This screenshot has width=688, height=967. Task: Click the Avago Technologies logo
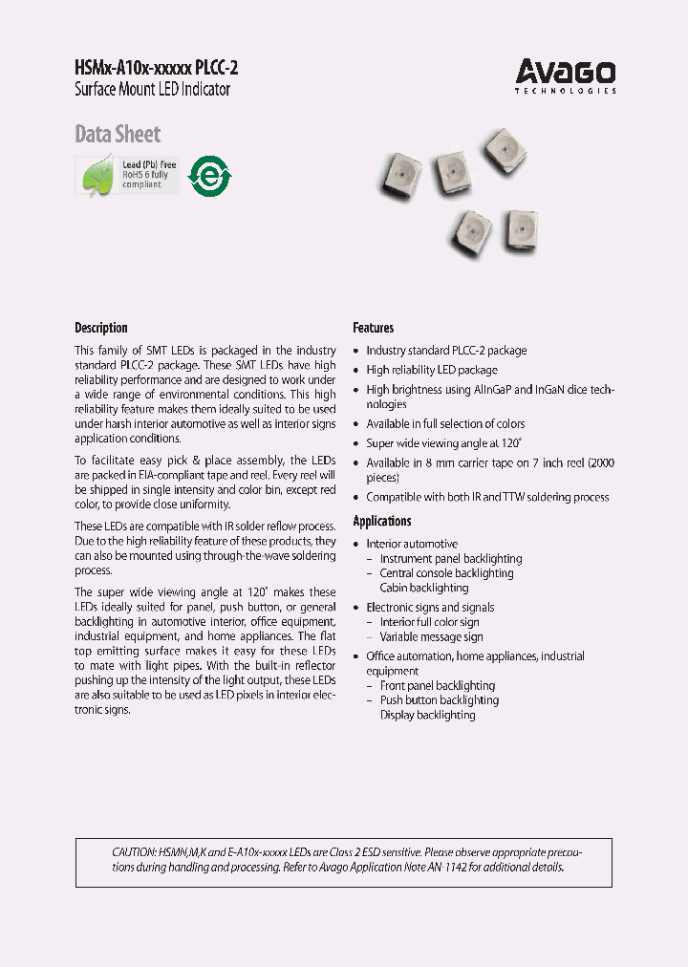tap(566, 75)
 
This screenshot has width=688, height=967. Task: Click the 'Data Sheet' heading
tap(118, 134)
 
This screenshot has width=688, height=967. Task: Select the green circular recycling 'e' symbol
tap(209, 176)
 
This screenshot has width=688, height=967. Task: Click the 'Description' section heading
tap(100, 328)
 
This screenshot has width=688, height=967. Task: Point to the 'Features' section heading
tap(373, 328)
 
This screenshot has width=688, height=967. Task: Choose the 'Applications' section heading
tap(382, 521)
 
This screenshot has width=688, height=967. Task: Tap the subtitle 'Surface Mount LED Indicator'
tap(152, 90)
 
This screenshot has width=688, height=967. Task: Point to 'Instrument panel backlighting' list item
tap(450, 559)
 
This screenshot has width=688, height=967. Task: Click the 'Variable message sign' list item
tap(431, 637)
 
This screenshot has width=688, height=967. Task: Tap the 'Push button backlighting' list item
tap(439, 700)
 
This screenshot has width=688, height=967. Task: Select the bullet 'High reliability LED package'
tap(431, 370)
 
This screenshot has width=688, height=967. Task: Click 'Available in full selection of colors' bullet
tap(445, 424)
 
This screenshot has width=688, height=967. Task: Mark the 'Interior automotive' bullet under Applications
tap(412, 544)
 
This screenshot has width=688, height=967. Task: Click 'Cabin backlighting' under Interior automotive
tap(423, 589)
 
